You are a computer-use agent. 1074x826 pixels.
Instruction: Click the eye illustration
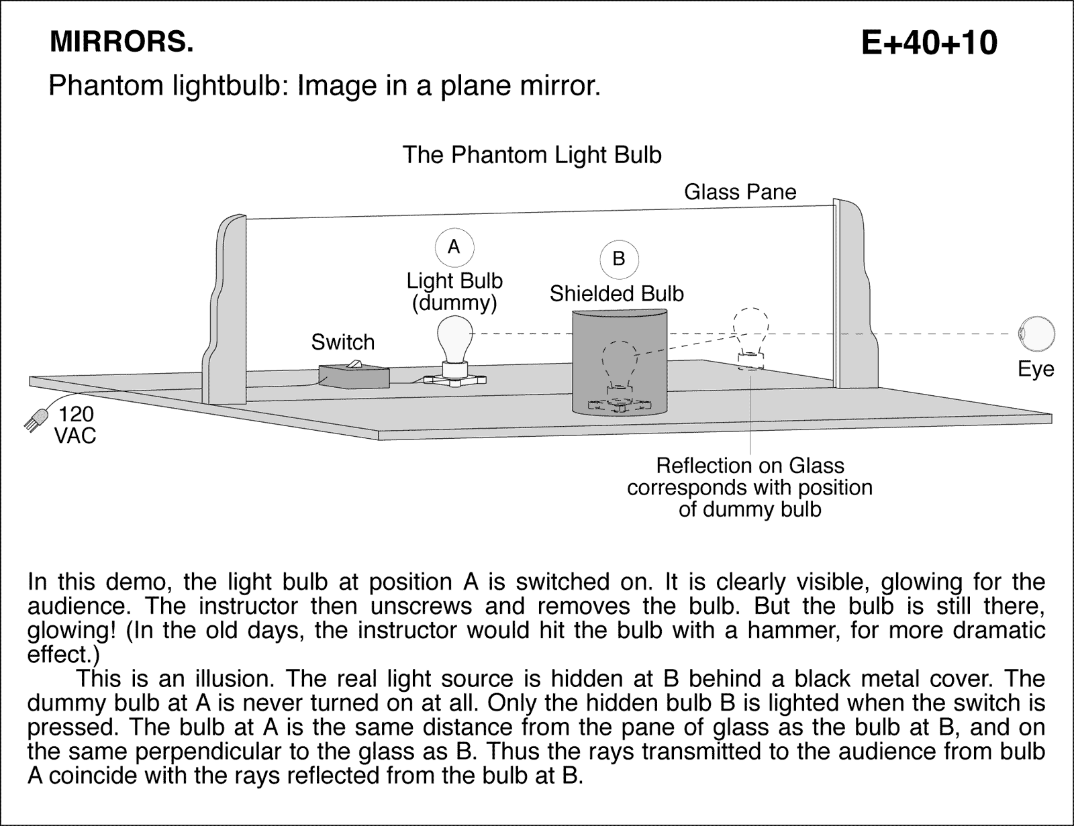pos(1036,333)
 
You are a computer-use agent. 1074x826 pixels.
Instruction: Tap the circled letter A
pos(454,247)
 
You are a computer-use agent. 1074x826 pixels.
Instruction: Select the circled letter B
pos(619,258)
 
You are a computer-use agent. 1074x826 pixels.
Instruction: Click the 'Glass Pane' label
pos(740,192)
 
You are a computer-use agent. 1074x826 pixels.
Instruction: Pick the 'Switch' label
pos(342,342)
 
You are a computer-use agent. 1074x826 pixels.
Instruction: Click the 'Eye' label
pos(1036,369)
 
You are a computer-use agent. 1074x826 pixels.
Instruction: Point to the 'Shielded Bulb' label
pos(616,294)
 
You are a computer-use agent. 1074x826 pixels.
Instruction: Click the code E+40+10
pos(929,43)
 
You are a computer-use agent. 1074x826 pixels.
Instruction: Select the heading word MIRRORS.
pos(121,42)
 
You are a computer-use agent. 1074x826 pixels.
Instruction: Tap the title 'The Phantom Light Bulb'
pos(532,155)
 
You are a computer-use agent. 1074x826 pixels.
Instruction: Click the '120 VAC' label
pos(75,425)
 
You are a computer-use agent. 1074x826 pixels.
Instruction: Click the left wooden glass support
pos(225,309)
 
